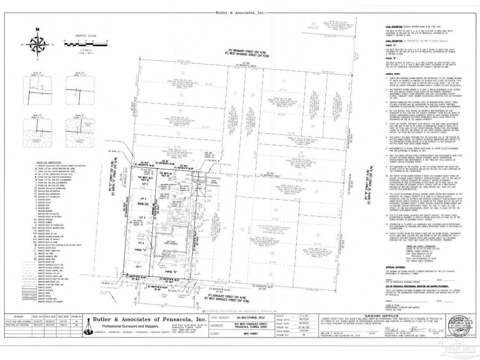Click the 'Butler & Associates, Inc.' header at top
coord(239,11)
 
